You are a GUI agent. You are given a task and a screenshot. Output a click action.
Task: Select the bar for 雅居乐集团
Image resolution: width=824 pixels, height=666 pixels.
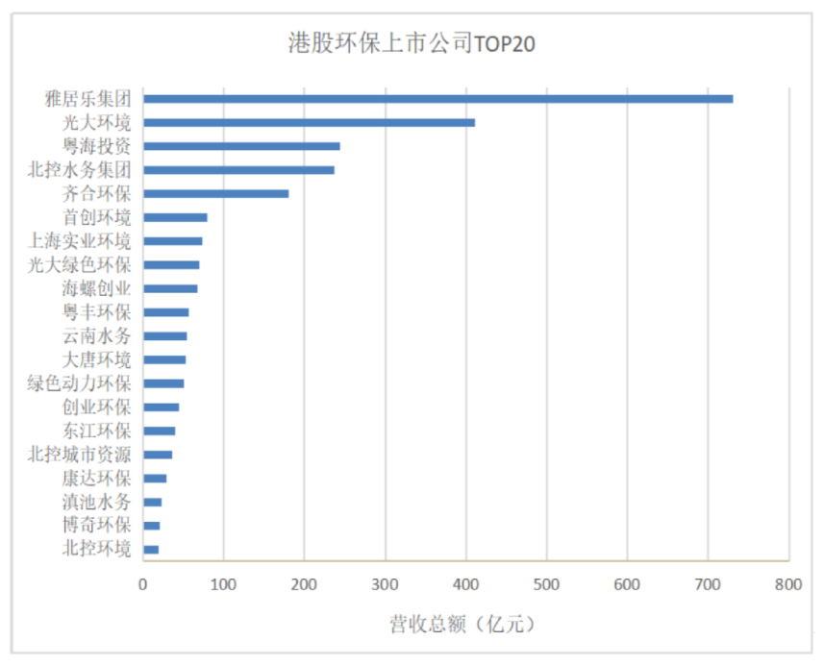point(437,99)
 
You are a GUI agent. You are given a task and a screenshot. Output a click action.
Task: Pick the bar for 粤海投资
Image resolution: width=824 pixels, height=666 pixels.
point(241,146)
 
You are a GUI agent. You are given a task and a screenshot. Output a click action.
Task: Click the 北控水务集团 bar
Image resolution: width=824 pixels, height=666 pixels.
point(238,170)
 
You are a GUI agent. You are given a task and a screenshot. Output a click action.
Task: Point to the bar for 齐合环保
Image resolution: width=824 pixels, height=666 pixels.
point(215,193)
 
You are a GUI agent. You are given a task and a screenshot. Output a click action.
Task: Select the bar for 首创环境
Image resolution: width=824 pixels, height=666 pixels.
point(175,217)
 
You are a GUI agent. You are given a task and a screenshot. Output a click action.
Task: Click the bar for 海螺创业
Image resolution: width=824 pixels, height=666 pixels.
point(170,288)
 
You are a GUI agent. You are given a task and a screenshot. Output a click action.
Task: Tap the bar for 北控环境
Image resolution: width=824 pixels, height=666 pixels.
point(151,549)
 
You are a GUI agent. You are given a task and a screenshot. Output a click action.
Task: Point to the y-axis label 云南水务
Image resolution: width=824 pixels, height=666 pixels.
point(96,335)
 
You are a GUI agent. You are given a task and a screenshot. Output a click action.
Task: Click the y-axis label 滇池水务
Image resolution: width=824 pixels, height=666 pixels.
point(96,502)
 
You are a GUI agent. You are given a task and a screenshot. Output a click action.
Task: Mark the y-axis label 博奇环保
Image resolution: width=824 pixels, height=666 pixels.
point(96,526)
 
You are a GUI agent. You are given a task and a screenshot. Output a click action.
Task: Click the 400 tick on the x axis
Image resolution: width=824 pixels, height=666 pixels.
point(465,583)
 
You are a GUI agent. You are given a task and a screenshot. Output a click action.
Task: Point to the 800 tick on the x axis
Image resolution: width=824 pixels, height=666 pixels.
point(787,583)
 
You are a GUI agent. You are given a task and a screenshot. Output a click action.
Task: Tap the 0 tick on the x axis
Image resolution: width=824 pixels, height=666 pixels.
point(143,583)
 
